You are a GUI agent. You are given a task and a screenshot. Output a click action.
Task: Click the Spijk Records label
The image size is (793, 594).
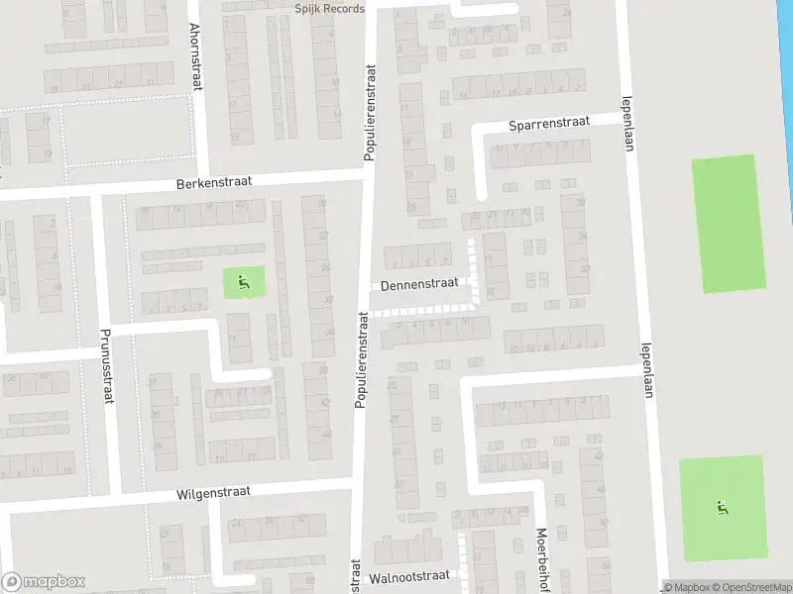click(x=322, y=9)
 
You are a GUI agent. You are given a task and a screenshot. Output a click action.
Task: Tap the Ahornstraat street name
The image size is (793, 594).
click(x=195, y=57)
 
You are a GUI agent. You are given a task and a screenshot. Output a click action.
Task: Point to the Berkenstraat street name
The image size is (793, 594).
click(x=214, y=182)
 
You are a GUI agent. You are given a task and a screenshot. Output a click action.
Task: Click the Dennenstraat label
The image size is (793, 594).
click(x=419, y=283)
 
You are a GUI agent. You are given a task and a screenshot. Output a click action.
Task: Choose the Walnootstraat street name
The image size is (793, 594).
click(x=408, y=575)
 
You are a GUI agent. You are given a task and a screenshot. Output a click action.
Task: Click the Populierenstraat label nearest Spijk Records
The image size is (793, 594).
click(x=371, y=109)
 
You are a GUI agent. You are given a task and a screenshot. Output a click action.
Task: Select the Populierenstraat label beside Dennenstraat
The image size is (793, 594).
click(x=362, y=358)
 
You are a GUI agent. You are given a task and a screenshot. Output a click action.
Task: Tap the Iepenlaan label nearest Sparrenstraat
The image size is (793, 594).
click(x=626, y=123)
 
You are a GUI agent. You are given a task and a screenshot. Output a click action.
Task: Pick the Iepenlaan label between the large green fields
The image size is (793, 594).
click(x=645, y=370)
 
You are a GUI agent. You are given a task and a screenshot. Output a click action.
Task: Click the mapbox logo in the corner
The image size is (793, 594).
click(x=43, y=582)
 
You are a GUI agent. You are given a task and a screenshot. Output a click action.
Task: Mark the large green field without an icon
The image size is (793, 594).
click(x=729, y=224)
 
